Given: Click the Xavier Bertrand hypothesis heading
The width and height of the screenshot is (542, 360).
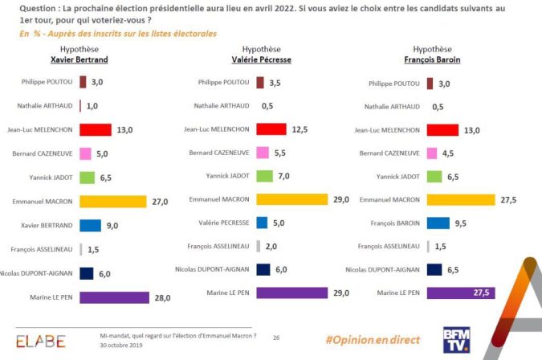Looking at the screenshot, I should pyautogui.click(x=79, y=59).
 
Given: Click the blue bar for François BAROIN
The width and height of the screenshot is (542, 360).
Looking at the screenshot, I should pyautogui.click(x=438, y=223).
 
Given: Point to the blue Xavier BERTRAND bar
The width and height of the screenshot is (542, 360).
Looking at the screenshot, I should pyautogui.click(x=90, y=226).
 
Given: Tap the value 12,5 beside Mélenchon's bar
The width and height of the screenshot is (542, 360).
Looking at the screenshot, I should pyautogui.click(x=300, y=129).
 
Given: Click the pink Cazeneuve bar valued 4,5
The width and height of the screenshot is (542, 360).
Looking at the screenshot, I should pyautogui.click(x=432, y=153).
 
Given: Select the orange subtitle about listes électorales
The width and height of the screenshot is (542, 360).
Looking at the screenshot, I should pyautogui.click(x=117, y=34).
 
